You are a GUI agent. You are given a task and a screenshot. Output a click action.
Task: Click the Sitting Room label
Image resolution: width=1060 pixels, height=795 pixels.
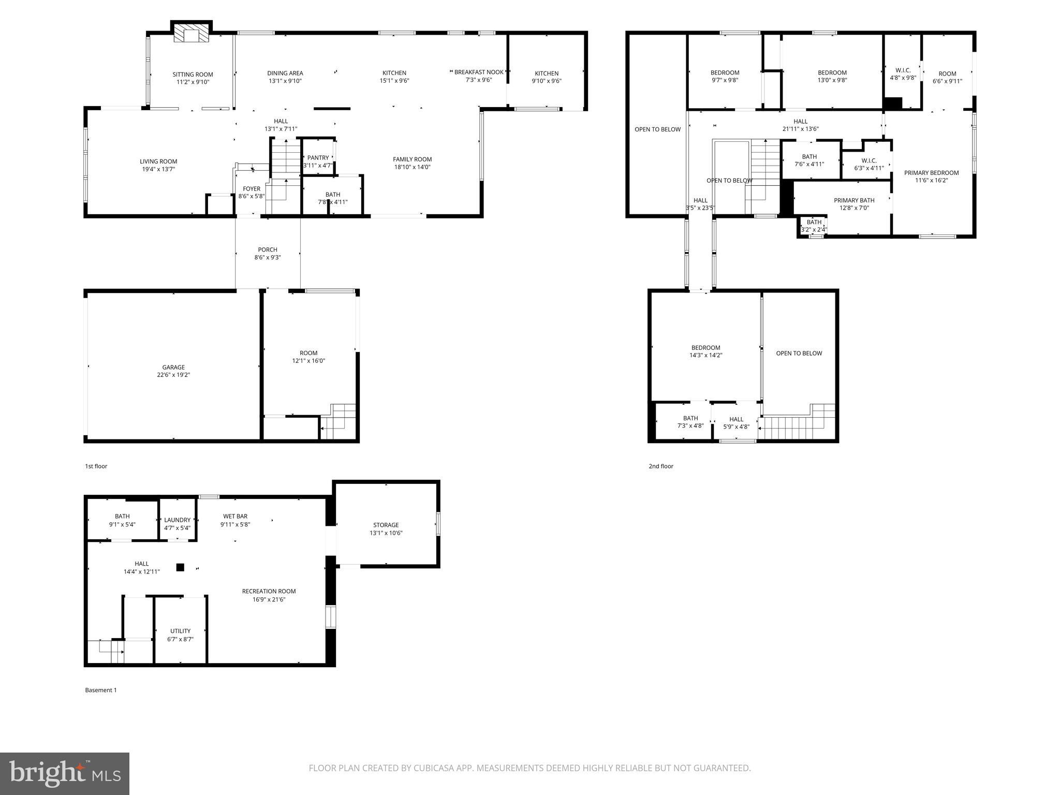point(193,75)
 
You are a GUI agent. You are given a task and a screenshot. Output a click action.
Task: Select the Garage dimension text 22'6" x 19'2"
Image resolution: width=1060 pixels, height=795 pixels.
point(173,375)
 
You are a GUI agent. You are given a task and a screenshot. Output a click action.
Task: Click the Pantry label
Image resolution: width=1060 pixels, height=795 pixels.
point(318,158)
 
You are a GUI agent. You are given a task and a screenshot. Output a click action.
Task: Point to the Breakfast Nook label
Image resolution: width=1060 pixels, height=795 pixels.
point(479,72)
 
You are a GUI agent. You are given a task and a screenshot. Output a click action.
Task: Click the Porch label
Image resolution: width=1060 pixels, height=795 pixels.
point(268,249)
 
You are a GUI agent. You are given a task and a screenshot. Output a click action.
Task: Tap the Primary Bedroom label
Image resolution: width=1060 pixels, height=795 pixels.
point(931,173)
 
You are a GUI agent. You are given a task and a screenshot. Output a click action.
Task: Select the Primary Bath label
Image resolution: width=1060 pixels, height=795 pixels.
point(854,200)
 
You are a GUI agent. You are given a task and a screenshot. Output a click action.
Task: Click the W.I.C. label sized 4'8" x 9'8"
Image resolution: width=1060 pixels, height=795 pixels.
point(903,70)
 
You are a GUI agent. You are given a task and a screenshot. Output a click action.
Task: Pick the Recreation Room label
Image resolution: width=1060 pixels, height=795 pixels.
point(269,591)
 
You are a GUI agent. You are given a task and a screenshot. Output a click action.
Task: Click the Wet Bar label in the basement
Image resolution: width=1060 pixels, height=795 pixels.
point(235,516)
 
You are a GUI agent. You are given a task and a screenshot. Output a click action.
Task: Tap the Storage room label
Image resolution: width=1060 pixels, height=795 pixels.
point(386,525)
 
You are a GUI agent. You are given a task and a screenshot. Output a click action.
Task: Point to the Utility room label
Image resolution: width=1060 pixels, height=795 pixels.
point(180,631)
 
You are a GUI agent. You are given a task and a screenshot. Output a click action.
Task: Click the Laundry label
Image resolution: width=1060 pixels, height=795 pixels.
point(177,520)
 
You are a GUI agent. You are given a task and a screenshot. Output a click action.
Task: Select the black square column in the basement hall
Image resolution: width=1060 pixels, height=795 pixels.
point(180,567)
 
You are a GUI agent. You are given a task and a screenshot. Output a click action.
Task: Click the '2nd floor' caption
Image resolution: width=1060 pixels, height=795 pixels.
point(661,466)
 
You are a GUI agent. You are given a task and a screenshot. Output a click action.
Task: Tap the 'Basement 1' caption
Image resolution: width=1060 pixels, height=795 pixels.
point(101,690)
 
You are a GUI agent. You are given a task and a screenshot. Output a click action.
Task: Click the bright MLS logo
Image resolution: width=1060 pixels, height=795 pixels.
point(65,773)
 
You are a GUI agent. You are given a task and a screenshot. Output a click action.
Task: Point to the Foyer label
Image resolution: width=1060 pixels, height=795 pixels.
point(252,189)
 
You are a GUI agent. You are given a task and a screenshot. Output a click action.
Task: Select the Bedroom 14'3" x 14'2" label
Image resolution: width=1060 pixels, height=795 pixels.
point(705,348)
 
